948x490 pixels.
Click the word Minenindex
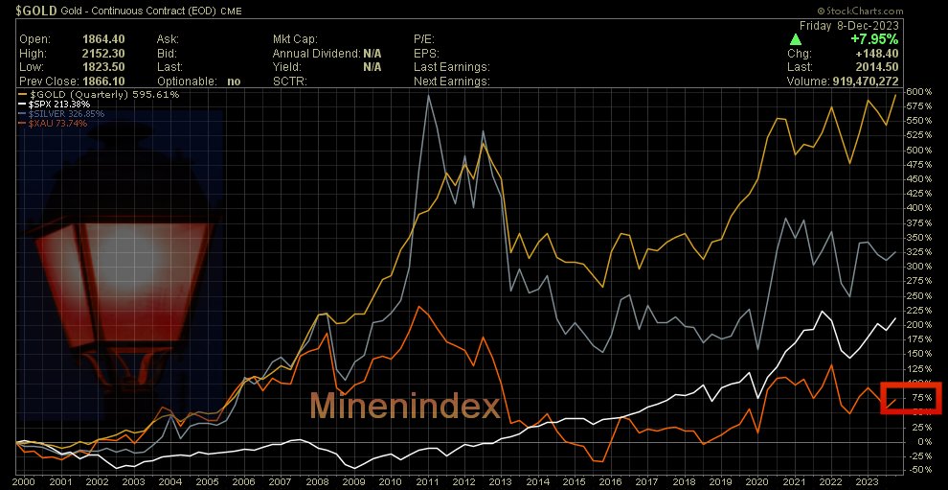pos(404,408)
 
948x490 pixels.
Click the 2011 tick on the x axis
pos(427,481)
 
